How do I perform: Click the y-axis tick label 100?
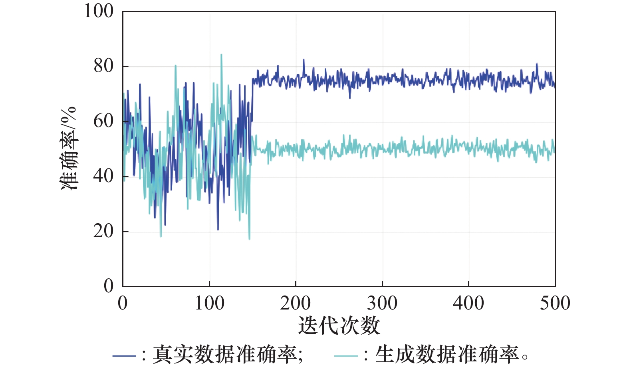coord(98,11)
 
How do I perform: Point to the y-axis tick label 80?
coord(103,66)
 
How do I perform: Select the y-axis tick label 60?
coord(103,121)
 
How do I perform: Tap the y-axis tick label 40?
coord(103,176)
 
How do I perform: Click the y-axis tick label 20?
coord(103,231)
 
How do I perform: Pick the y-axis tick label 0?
coord(109,286)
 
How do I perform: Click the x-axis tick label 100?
coord(209,304)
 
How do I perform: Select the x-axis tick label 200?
coord(296,304)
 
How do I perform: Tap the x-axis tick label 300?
coord(382,304)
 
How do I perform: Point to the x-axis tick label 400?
coord(468,304)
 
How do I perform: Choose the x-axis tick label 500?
coord(555,304)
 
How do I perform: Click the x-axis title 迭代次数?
coord(339,326)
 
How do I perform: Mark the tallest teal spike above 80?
coord(221,55)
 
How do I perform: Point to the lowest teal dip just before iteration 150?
coord(249,239)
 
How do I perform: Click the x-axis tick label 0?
coord(123,304)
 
